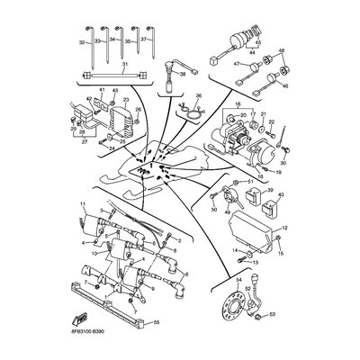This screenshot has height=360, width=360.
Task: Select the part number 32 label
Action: pyautogui.click(x=82, y=41)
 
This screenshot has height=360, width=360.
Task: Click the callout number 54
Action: pyautogui.click(x=238, y=281)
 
